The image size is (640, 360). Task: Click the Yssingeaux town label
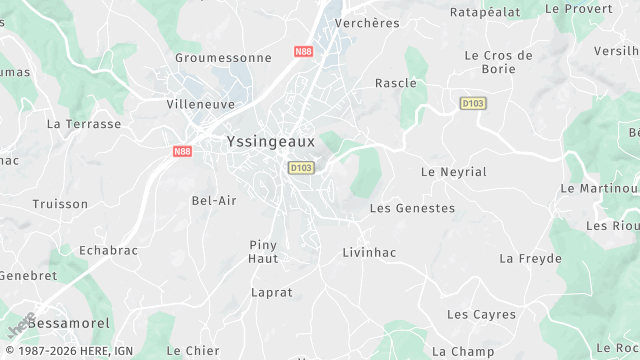pyautogui.click(x=270, y=142)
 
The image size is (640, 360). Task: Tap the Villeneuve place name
pyautogui.click(x=200, y=103)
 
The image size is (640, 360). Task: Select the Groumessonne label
pyautogui.click(x=223, y=58)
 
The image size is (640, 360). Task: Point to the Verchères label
pyautogui.click(x=367, y=23)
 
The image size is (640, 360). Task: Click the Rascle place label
pyautogui.click(x=395, y=83)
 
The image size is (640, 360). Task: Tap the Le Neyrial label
pyautogui.click(x=454, y=172)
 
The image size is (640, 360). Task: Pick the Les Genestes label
pyautogui.click(x=412, y=208)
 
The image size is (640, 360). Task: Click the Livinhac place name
pyautogui.click(x=369, y=253)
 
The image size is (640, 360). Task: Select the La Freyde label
pyautogui.click(x=530, y=258)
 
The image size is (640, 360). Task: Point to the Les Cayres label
pyautogui.click(x=481, y=315)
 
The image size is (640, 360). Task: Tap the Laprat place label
pyautogui.click(x=271, y=293)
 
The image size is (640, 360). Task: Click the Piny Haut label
pyautogui.click(x=263, y=251)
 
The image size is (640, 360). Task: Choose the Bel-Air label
pyautogui.click(x=214, y=200)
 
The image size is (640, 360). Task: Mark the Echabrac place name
pyautogui.click(x=108, y=250)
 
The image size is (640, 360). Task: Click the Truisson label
pyautogui.click(x=60, y=203)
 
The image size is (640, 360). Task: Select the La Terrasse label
pyautogui.click(x=84, y=125)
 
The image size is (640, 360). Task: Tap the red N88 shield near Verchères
pyautogui.click(x=303, y=50)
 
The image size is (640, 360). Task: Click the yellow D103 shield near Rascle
pyautogui.click(x=473, y=103)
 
